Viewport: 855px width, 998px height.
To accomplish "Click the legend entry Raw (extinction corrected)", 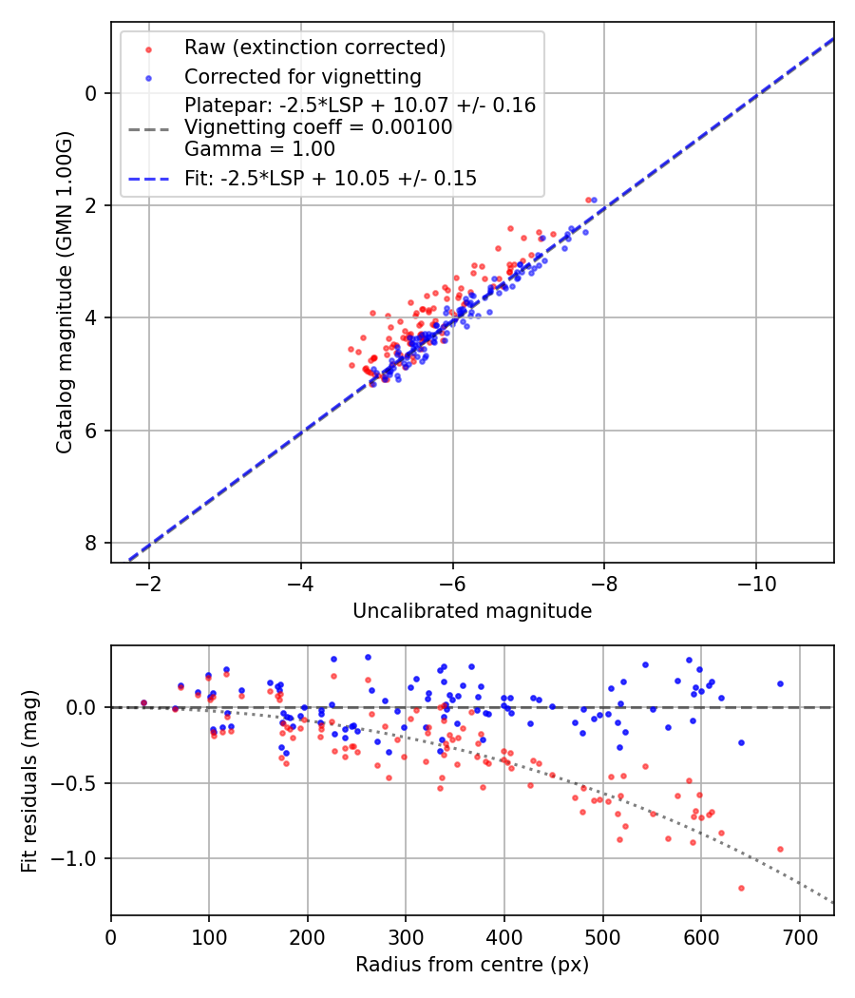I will pos(314,48).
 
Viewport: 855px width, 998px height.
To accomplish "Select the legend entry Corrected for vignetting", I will pos(302,76).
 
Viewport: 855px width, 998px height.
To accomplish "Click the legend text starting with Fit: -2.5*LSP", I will pos(331,179).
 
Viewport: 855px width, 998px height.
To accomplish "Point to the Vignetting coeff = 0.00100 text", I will pos(318,127).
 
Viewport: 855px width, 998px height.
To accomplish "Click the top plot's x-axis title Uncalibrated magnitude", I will pos(472,611).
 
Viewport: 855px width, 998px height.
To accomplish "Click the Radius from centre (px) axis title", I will pos(472,965).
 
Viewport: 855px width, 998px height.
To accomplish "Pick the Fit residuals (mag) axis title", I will pos(29,781).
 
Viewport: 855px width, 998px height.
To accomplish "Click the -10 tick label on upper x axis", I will pos(755,582).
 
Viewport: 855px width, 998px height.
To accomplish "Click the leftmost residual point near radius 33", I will pos(143,703).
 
